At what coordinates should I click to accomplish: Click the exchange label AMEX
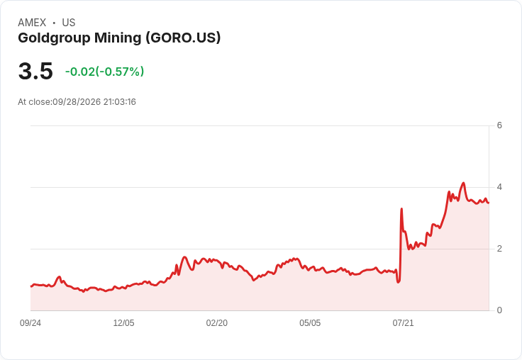tap(32, 23)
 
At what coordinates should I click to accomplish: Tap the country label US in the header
tap(69, 23)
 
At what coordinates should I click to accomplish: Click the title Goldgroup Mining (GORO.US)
tap(119, 38)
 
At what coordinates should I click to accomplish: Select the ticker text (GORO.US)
tap(183, 38)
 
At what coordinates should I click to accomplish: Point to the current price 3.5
tap(35, 71)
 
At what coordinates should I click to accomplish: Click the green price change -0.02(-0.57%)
tap(104, 72)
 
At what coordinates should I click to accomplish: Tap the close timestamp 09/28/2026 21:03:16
tap(94, 102)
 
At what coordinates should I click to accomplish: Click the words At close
tap(34, 102)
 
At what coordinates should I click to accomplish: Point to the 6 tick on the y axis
tap(499, 125)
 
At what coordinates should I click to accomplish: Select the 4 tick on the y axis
tap(499, 187)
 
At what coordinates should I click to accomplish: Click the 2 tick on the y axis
tap(499, 249)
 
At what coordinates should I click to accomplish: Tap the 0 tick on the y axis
tap(499, 310)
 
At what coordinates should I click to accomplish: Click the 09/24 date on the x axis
tap(30, 323)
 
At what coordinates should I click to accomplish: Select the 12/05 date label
tap(123, 323)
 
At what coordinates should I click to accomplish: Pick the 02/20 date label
tap(217, 323)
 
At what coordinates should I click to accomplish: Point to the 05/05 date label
tap(310, 323)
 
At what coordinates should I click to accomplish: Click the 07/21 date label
tap(403, 323)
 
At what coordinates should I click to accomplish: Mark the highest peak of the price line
tap(463, 183)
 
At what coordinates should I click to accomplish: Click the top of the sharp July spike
tap(401, 208)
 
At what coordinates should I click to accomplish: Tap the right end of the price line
tap(489, 203)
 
